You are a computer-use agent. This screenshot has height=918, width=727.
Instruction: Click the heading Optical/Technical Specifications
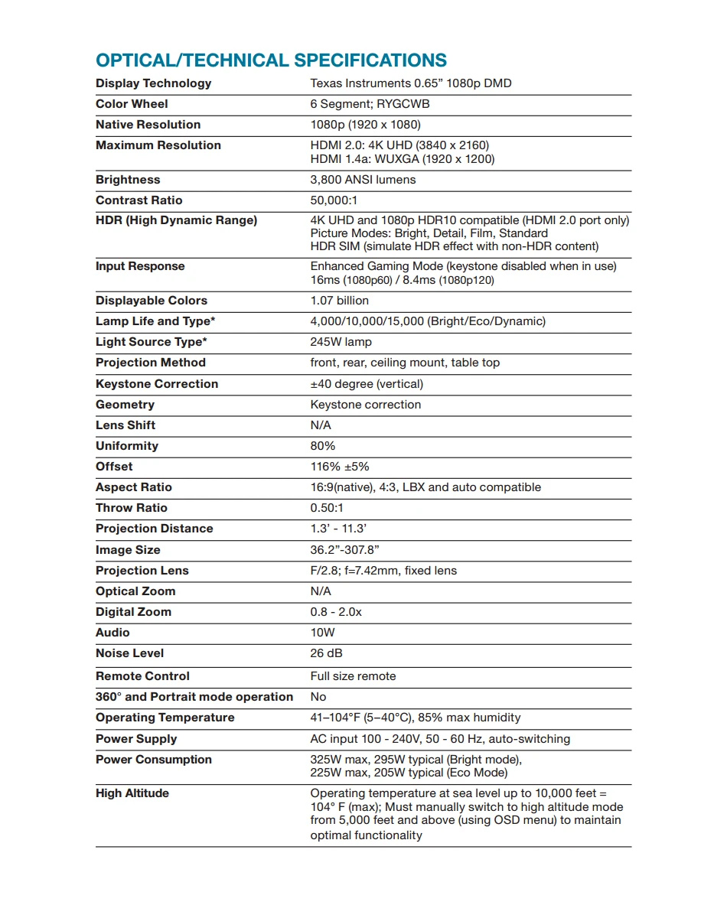271,60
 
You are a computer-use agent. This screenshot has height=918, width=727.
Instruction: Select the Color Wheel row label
132,104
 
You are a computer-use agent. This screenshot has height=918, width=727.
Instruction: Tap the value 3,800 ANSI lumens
363,180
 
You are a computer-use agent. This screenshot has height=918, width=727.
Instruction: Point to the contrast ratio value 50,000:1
334,200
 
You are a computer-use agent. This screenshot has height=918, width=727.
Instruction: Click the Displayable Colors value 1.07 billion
339,301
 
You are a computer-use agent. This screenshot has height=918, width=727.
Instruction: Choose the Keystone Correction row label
157,384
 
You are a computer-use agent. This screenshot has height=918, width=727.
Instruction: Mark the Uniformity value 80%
322,446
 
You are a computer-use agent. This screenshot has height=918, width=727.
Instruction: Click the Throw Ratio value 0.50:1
327,508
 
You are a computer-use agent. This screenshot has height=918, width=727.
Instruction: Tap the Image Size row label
128,550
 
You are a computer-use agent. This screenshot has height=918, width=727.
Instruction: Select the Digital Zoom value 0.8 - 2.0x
336,612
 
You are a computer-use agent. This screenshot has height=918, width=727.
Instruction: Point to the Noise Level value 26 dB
326,653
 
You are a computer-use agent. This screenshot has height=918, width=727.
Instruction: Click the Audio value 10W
322,633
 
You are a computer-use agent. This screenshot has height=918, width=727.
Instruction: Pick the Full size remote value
353,676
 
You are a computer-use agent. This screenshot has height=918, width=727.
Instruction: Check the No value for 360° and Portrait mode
318,697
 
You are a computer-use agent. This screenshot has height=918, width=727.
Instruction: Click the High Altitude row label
132,793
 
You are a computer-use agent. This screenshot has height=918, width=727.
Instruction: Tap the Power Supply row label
136,739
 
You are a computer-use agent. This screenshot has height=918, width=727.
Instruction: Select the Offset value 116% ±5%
339,467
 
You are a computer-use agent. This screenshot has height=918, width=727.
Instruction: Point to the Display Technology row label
153,83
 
